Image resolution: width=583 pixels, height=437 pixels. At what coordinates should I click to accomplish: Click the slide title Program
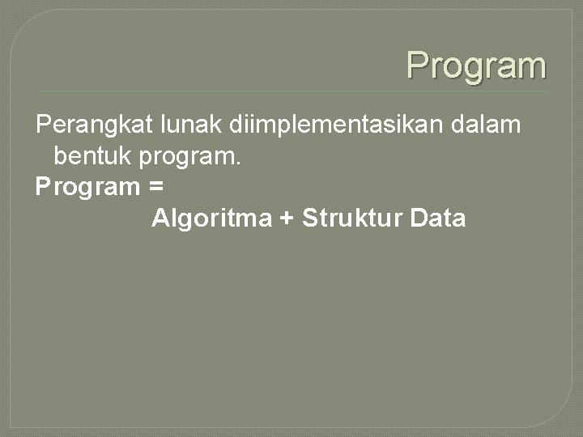476,66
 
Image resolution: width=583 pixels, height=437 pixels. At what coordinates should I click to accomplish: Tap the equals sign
156,188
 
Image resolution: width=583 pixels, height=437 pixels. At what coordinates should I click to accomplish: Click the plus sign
286,218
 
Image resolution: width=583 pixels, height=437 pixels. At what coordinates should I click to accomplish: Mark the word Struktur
351,218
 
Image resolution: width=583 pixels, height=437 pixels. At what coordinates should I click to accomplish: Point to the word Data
438,218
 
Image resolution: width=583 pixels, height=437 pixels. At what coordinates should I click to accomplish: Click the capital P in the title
417,65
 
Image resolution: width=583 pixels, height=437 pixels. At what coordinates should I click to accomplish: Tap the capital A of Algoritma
159,218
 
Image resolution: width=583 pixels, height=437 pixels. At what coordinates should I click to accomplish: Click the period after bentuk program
238,162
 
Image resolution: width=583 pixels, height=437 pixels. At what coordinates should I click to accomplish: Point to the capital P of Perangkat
44,125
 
